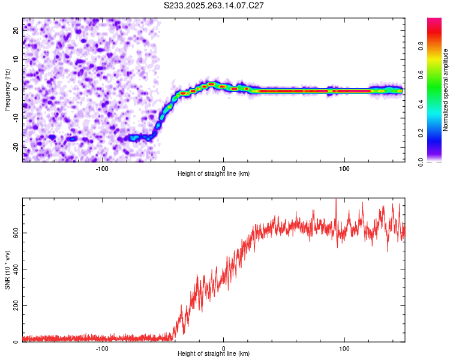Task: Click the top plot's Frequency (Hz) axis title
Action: point(7,89)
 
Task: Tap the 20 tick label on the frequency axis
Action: point(16,31)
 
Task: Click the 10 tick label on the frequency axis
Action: point(16,59)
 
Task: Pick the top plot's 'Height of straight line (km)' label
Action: point(214,173)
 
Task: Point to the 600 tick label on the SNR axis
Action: point(14,232)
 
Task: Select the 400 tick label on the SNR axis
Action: point(14,269)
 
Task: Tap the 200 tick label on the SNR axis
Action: point(14,305)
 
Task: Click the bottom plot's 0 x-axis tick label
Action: point(224,348)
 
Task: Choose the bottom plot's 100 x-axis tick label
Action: point(344,348)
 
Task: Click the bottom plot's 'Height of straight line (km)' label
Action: point(214,354)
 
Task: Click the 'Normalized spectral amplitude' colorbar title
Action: point(445,90)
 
